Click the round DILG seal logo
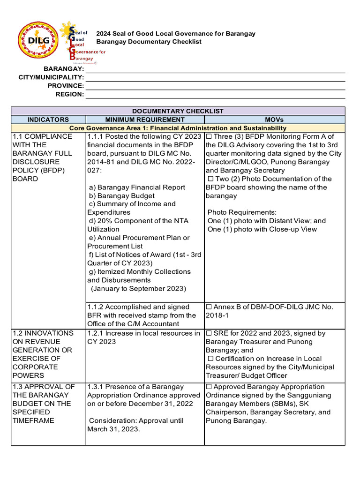pos(39,41)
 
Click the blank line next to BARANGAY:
pos(215,69)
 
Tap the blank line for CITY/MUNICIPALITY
pos(215,77)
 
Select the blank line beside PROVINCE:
pos(215,86)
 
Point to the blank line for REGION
pos(215,94)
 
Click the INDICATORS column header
pos(48,120)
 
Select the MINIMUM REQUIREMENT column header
pos(145,120)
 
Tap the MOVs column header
pos(274,120)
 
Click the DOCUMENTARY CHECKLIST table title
pos(178,111)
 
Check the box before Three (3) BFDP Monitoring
pos(210,136)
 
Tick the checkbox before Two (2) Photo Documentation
pos(210,179)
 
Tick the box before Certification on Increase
pos(210,359)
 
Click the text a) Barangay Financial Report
pos(137,187)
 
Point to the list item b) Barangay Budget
pos(121,196)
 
